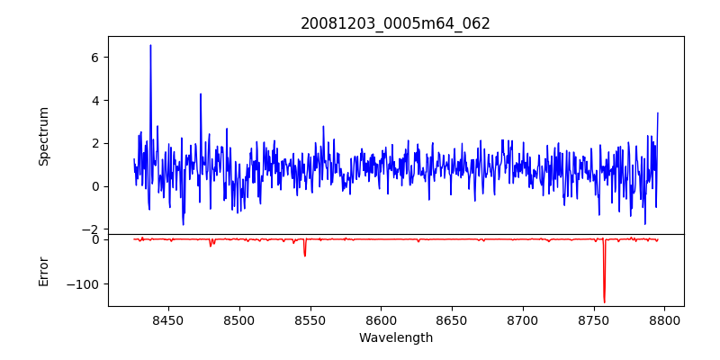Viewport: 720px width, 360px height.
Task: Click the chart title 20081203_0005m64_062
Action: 395,23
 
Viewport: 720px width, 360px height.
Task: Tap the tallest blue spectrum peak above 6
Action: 150,46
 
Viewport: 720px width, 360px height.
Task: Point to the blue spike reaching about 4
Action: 201,94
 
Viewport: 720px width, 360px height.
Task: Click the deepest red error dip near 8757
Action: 604,301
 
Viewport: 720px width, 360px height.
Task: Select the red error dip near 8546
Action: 305,255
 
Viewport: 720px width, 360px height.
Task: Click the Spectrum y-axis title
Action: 43,136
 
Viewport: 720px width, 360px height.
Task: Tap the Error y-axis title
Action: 43,271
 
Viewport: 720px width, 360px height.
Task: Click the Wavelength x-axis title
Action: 395,338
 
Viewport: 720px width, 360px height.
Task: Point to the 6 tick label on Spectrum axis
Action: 94,58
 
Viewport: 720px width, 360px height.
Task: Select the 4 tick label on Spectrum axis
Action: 94,101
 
